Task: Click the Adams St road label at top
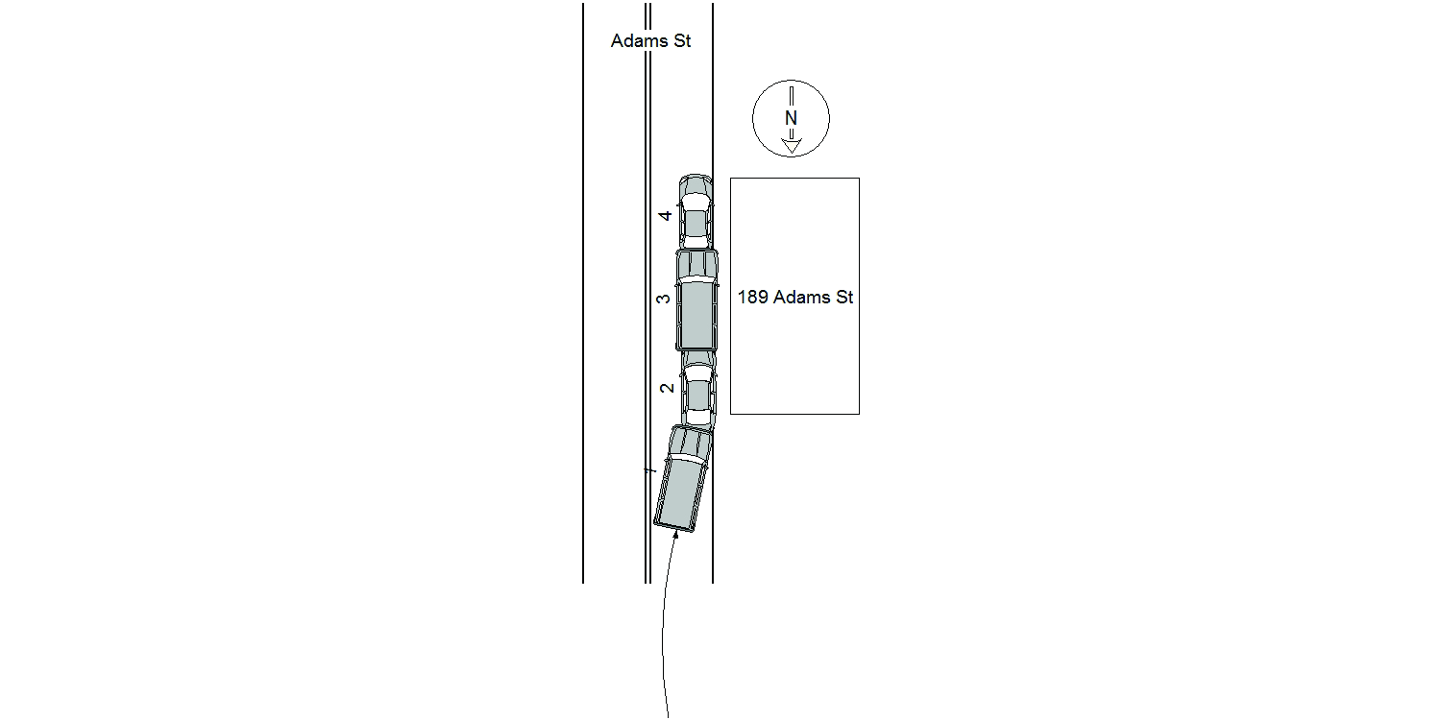point(650,41)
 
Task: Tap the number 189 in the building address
point(752,297)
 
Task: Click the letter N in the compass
point(791,118)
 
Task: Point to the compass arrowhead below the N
point(792,146)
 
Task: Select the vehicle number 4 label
point(665,216)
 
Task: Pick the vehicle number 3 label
point(663,299)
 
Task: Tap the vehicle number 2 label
point(667,388)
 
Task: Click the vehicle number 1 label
point(650,471)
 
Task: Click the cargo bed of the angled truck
point(680,494)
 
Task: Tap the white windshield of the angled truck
point(688,457)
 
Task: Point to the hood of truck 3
point(697,262)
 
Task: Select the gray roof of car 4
point(696,224)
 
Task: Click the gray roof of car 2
point(697,396)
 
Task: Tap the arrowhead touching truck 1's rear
point(675,535)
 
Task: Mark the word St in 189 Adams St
point(844,297)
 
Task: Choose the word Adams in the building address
point(801,297)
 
